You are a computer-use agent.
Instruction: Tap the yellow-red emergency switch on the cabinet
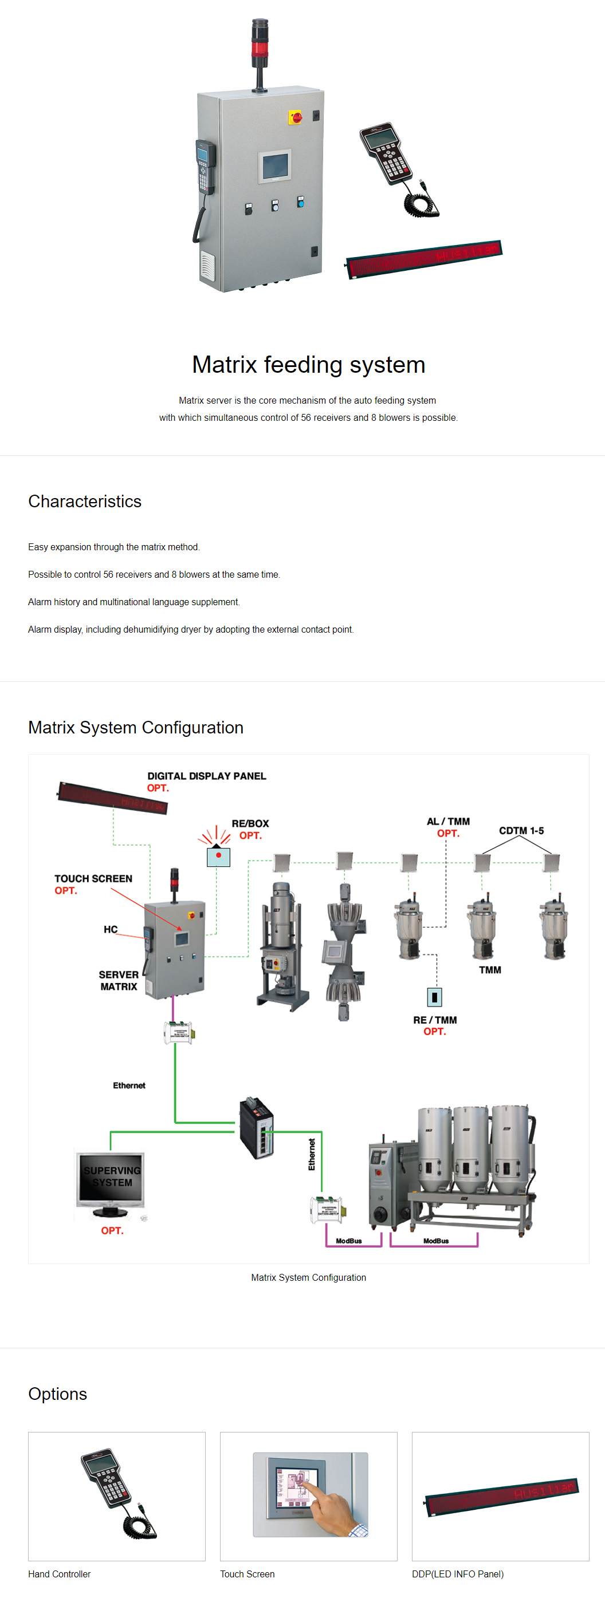[x=295, y=117]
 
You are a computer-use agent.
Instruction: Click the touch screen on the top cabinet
[x=275, y=167]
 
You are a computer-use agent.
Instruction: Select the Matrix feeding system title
[x=308, y=365]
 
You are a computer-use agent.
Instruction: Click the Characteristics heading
[x=85, y=501]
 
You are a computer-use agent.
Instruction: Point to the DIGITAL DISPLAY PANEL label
[x=207, y=776]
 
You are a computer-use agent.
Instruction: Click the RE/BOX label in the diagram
[x=250, y=823]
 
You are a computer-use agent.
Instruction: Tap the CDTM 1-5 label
[x=521, y=830]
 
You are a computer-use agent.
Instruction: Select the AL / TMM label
[x=448, y=822]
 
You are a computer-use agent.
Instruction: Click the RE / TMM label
[x=435, y=1020]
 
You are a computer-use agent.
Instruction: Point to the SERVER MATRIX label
[x=119, y=980]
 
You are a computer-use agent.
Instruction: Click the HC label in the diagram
[x=111, y=929]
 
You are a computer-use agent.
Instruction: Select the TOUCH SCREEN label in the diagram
[x=93, y=879]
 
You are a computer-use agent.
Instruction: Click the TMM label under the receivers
[x=490, y=970]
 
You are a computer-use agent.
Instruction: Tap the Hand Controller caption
[x=59, y=1573]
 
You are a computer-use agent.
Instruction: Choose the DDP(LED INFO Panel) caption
[x=457, y=1573]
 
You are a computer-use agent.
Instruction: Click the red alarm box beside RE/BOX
[x=218, y=857]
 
